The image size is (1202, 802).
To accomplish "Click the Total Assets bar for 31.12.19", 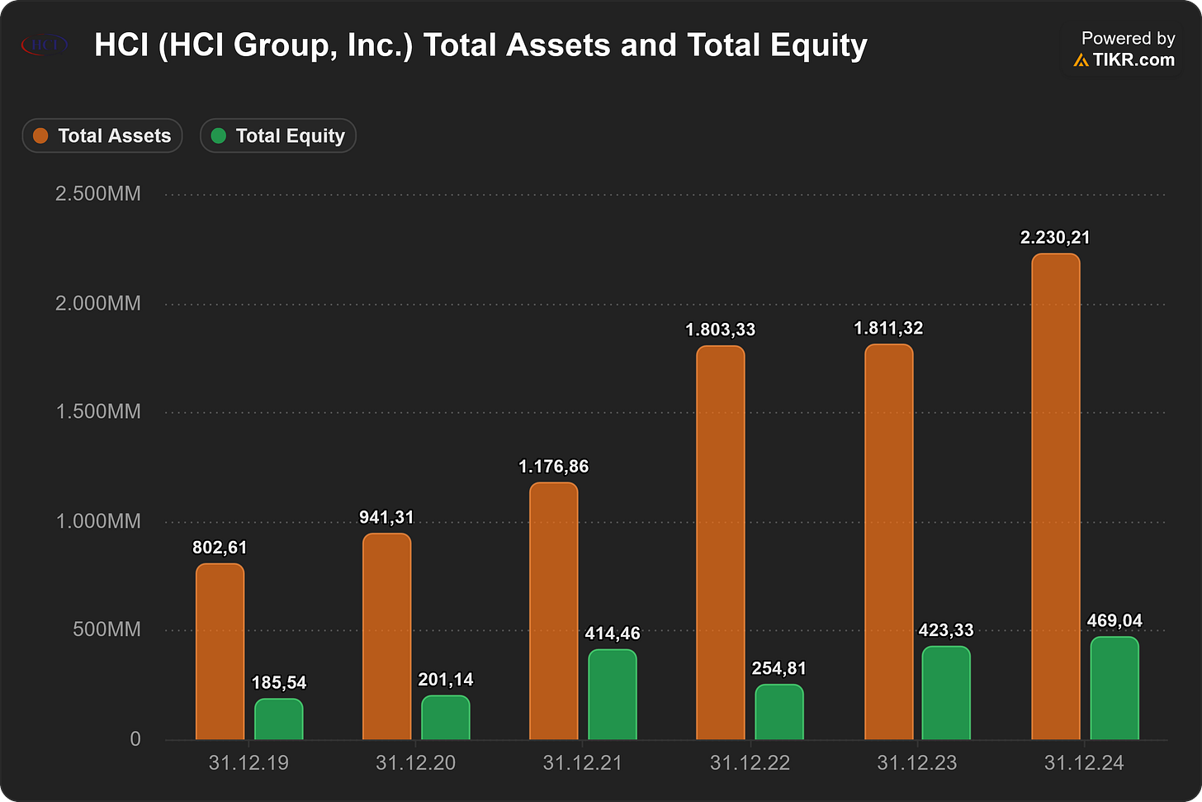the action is click(x=220, y=651).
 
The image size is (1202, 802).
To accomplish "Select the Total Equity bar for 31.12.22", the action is click(x=779, y=712).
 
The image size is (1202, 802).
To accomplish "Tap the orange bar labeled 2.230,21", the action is click(x=1056, y=496).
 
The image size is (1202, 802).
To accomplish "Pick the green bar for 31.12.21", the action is click(x=613, y=694).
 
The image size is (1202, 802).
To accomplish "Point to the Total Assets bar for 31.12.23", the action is click(x=888, y=542).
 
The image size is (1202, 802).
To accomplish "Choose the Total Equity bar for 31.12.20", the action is click(x=446, y=717).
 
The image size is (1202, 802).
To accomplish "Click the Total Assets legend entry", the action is click(x=102, y=135).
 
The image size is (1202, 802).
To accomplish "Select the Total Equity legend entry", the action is click(x=278, y=135).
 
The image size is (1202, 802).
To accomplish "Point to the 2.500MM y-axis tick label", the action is click(x=97, y=194).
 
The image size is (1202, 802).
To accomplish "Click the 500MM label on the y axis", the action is click(x=106, y=629).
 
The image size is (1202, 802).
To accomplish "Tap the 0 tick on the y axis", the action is click(x=135, y=739).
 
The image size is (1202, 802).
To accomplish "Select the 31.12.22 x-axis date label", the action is click(x=750, y=763).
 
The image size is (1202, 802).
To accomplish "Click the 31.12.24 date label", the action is click(x=1084, y=763).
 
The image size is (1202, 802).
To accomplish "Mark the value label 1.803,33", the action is click(x=720, y=330).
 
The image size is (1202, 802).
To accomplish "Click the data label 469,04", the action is click(x=1114, y=621).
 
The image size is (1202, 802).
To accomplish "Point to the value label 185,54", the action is click(x=279, y=683).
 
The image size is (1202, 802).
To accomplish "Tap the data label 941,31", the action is click(x=386, y=518).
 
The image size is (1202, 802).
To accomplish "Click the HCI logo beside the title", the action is click(x=45, y=45).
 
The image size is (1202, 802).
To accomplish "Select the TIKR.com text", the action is click(x=1133, y=60).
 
